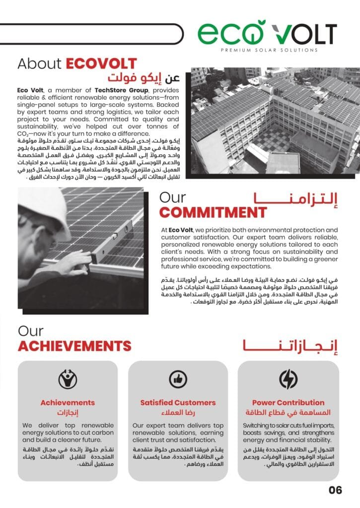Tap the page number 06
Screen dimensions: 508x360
click(335, 491)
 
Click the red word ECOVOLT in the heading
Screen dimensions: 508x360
click(101, 63)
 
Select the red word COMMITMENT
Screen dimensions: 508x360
click(213, 212)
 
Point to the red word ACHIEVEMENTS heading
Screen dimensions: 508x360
click(74, 345)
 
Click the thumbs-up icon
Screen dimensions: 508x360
click(178, 380)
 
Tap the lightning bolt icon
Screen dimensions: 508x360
click(288, 379)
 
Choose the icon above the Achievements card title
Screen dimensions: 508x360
click(68, 380)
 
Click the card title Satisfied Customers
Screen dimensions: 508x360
click(178, 402)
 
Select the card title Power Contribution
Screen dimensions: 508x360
click(288, 402)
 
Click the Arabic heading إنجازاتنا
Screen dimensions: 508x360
click(290, 346)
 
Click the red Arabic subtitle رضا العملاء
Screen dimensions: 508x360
click(178, 413)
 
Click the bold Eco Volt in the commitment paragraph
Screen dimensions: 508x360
click(181, 230)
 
